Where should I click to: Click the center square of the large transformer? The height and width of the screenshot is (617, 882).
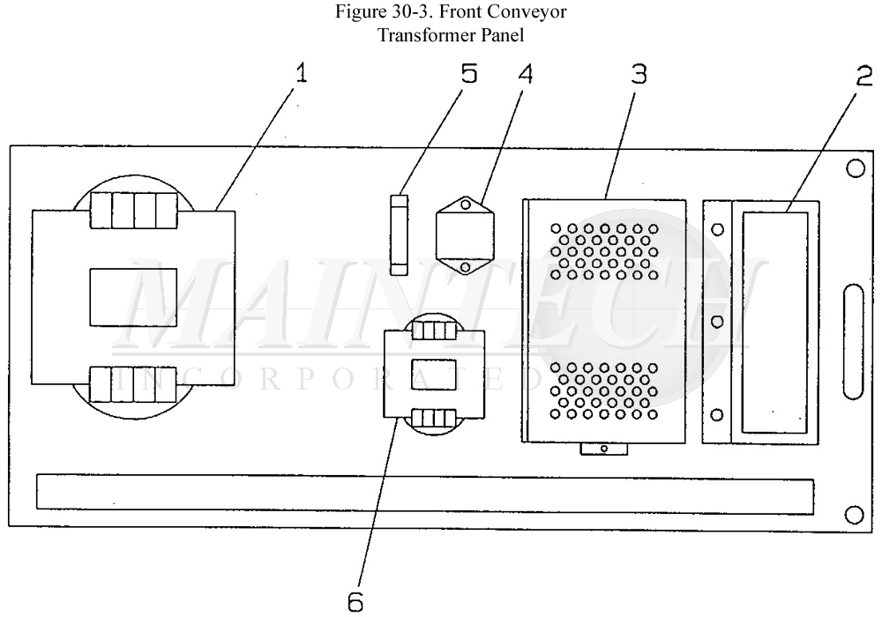[x=134, y=297]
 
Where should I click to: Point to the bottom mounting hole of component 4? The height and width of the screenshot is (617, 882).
[x=465, y=264]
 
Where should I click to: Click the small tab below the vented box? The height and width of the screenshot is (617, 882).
[x=603, y=449]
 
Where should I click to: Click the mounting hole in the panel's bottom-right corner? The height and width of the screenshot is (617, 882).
[x=853, y=514]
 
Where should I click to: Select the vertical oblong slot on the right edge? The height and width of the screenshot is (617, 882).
[x=853, y=341]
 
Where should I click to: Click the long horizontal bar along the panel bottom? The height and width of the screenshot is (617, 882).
[x=424, y=493]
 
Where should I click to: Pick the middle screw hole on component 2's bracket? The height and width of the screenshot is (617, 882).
[x=717, y=322]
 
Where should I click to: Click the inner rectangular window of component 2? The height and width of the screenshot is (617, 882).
[x=775, y=321]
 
